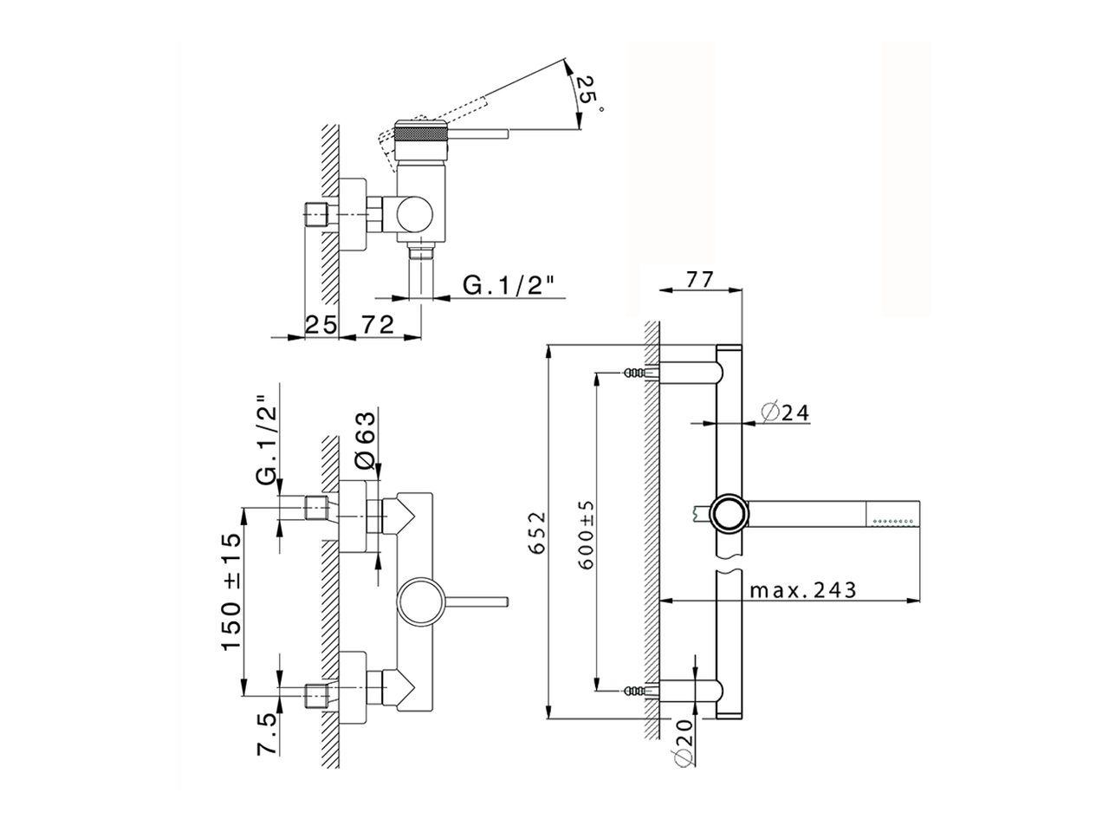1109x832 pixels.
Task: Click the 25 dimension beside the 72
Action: pyautogui.click(x=321, y=324)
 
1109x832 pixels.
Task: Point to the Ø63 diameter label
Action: pyautogui.click(x=365, y=440)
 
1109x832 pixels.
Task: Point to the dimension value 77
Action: pyautogui.click(x=699, y=280)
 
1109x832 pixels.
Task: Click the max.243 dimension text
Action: pyautogui.click(x=803, y=590)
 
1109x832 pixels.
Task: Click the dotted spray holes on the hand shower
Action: pyautogui.click(x=895, y=522)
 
